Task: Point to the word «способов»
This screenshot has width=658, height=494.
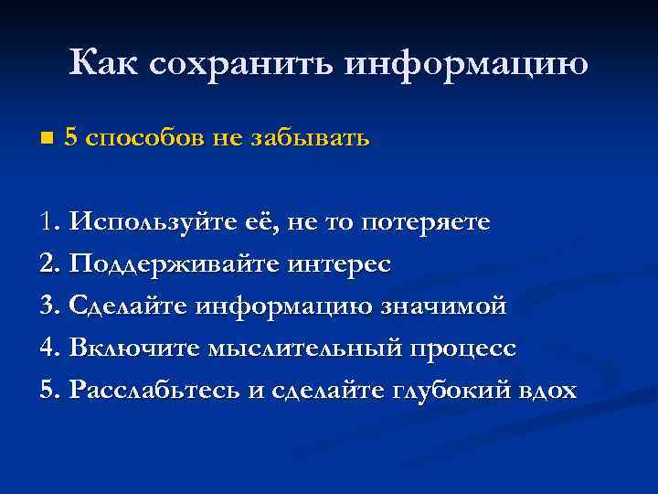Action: point(144,138)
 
